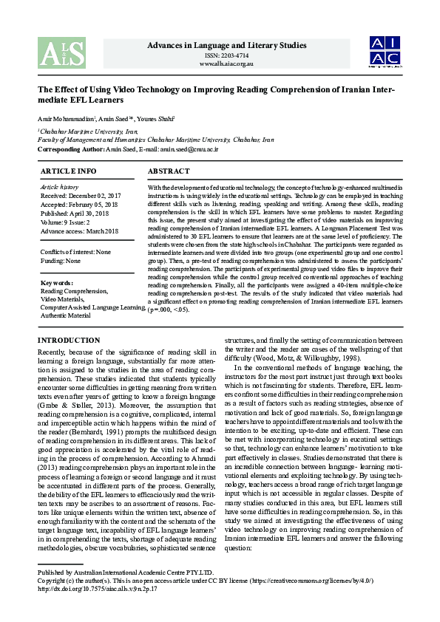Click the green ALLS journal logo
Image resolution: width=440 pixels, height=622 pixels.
pyautogui.click(x=54, y=52)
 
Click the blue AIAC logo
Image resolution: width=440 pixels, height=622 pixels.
pyautogui.click(x=385, y=52)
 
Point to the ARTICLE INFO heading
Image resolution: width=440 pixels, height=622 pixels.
pyautogui.click(x=68, y=171)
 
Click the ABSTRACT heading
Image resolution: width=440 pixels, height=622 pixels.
pyautogui.click(x=169, y=171)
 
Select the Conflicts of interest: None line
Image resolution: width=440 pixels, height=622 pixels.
pyautogui.click(x=75, y=252)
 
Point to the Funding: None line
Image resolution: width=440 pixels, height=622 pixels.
pyautogui.click(x=61, y=260)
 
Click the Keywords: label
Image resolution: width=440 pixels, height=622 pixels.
pyautogui.click(x=57, y=283)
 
